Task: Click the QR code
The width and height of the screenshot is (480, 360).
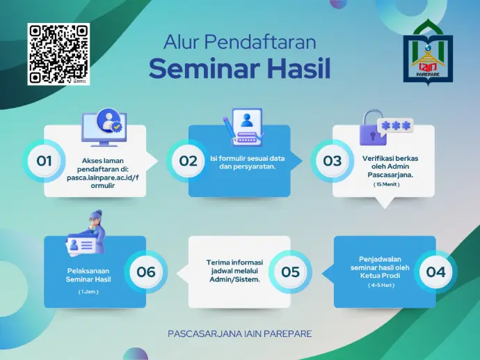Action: pos(58,54)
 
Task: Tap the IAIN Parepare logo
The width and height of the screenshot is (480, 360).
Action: pos(428,53)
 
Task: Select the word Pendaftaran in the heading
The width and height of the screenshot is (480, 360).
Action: pos(260,42)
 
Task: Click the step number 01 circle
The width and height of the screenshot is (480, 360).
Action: pos(44,161)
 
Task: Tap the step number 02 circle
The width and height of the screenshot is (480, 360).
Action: pos(188,161)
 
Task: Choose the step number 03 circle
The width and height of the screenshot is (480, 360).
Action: pos(332,161)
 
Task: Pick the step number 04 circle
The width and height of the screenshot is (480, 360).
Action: pos(435,272)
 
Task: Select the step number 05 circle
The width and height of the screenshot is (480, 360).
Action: pos(290,272)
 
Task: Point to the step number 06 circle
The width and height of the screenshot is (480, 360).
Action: pos(146,272)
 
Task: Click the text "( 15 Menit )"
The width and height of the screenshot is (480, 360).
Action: pos(386,185)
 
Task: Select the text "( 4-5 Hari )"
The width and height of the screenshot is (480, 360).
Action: pos(381,285)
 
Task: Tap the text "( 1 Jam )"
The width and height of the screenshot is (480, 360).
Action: pos(88,292)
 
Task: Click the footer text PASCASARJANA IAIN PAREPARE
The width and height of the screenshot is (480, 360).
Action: pos(240,334)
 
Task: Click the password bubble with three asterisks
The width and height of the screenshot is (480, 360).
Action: pos(396,125)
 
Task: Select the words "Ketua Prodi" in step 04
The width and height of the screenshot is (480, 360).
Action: pos(380,276)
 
